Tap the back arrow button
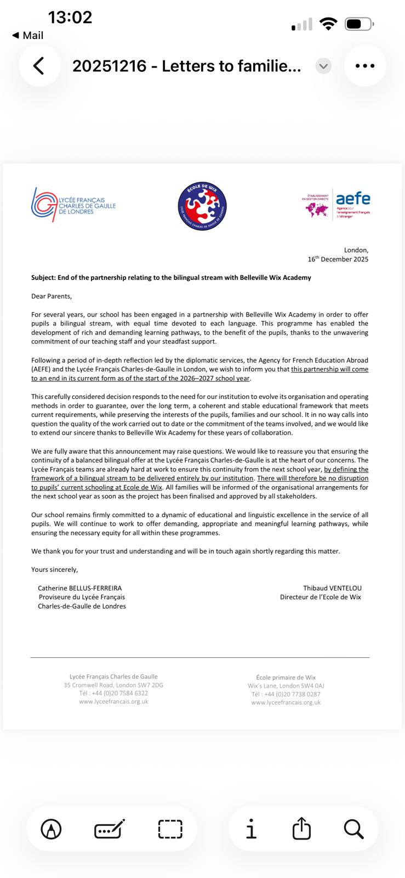click(x=39, y=66)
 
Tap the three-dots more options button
click(x=364, y=66)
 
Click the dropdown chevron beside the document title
click(x=323, y=66)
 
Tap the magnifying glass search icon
click(x=353, y=829)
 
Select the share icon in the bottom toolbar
click(x=301, y=829)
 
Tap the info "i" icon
click(x=251, y=829)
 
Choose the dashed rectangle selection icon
click(x=170, y=829)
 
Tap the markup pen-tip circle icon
click(x=52, y=829)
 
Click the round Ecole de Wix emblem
click(x=202, y=207)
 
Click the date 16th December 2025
click(x=338, y=259)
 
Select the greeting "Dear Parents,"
click(x=52, y=296)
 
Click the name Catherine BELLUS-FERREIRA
click(x=80, y=588)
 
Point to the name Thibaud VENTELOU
click(x=332, y=588)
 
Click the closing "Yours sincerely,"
click(x=55, y=569)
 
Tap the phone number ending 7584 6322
click(x=113, y=693)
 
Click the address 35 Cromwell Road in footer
click(x=113, y=685)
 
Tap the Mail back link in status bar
click(x=28, y=35)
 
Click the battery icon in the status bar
click(x=358, y=24)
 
